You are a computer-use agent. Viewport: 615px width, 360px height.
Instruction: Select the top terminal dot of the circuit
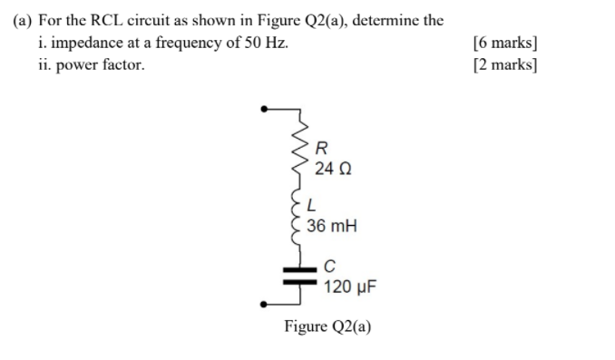[264, 109]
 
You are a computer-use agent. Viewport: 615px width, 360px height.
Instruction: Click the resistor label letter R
[322, 149]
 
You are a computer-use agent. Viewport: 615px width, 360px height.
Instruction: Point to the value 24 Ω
[333, 169]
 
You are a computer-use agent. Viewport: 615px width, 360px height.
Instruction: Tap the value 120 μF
[349, 287]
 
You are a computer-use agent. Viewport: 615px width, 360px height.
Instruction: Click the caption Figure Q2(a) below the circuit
[327, 326]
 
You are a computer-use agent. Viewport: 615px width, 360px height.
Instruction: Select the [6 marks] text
[505, 42]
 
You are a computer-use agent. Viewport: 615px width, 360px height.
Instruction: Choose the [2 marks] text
[505, 64]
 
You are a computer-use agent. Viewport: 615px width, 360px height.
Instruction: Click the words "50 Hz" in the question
[263, 42]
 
